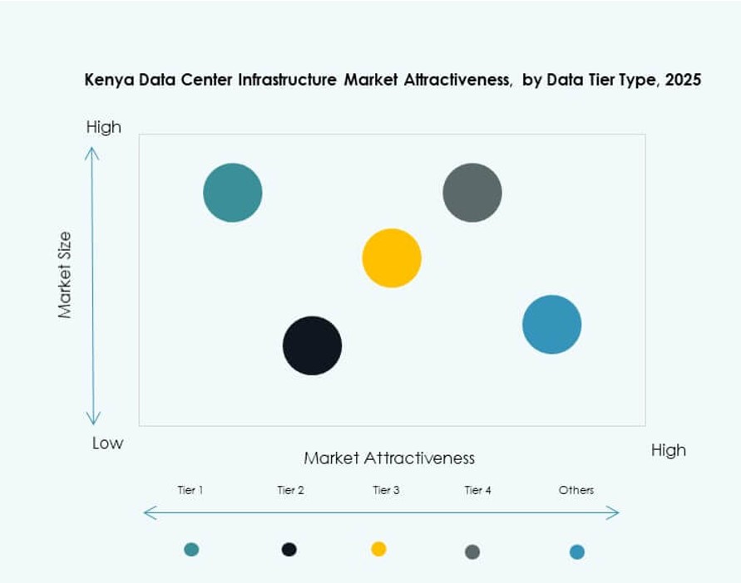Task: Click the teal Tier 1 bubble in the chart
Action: point(233,193)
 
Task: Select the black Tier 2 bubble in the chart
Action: point(312,345)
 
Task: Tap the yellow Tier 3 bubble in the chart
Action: point(392,258)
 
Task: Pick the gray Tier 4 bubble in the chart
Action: point(472,193)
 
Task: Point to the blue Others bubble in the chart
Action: point(552,325)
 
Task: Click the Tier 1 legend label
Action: point(190,490)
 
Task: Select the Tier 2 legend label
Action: point(290,490)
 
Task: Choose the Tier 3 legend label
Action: point(386,490)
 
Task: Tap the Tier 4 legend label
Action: point(477,490)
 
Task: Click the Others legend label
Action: point(576,490)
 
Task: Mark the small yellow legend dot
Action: point(378,549)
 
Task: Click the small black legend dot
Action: point(289,549)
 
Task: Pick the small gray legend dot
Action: point(472,551)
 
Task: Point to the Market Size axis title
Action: point(65,275)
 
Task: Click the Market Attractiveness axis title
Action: point(389,458)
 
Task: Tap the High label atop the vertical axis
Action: point(104,127)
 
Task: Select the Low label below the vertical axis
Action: point(107,443)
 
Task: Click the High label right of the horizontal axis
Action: point(669,450)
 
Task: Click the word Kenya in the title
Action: point(107,81)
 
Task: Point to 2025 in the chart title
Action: point(684,81)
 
